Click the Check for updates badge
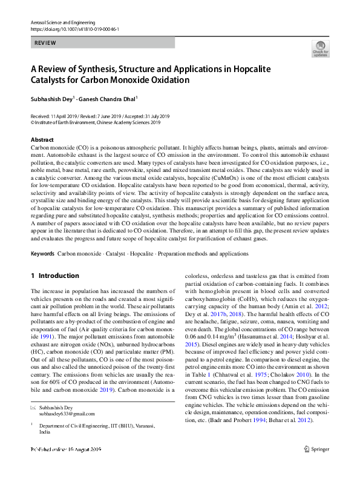[321, 48]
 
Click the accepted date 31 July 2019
[155, 116]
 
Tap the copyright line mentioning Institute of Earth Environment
[96, 122]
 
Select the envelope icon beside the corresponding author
[33, 408]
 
